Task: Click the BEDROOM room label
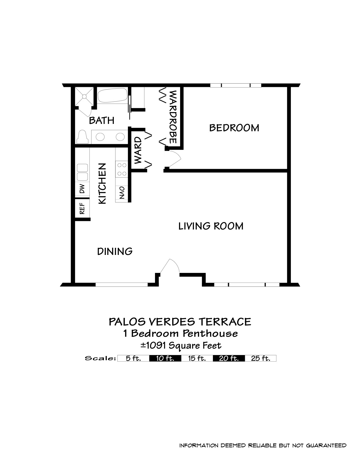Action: [234, 128]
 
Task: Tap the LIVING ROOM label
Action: [211, 226]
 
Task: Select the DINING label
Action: [115, 251]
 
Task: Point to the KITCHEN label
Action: [102, 183]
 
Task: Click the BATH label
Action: [101, 120]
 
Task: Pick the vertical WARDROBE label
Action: [173, 117]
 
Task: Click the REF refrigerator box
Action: [82, 209]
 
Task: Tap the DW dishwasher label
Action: [82, 189]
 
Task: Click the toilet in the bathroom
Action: [83, 137]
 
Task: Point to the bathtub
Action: [113, 95]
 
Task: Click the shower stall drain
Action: [84, 97]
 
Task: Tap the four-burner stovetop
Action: [122, 169]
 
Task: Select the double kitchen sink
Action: [82, 172]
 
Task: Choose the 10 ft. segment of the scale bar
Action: [165, 358]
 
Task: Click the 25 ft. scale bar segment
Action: [260, 358]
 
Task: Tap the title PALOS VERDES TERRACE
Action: [180, 322]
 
